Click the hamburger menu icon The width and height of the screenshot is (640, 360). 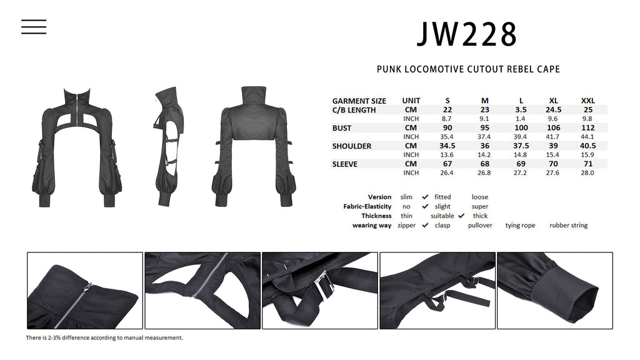(x=34, y=26)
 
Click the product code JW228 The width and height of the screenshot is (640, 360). (x=467, y=34)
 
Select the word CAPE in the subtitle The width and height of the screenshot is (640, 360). (x=548, y=69)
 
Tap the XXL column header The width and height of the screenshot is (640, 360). (x=587, y=101)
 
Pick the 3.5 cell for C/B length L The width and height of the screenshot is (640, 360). (x=521, y=110)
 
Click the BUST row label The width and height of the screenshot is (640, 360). (x=342, y=128)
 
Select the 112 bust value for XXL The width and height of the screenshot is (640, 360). (x=587, y=127)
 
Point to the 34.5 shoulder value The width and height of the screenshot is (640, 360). (x=447, y=146)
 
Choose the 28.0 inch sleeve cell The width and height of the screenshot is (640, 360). (x=587, y=172)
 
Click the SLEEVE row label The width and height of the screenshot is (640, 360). (x=344, y=164)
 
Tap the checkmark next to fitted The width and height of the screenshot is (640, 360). (x=425, y=197)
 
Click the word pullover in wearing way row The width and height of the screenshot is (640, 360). (x=480, y=225)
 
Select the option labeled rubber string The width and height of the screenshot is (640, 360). (x=569, y=225)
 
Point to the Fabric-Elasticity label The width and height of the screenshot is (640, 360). (x=367, y=206)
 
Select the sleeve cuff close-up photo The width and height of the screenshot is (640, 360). (x=555, y=291)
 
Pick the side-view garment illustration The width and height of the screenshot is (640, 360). (x=169, y=146)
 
